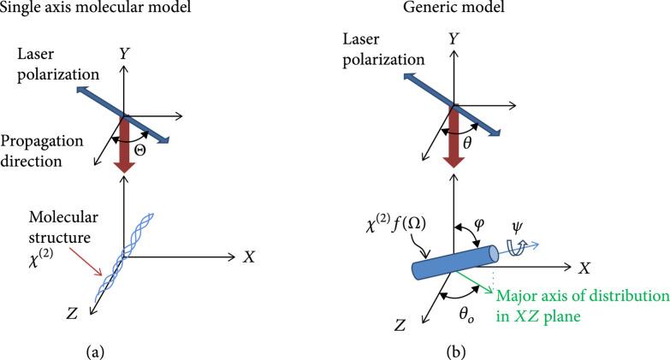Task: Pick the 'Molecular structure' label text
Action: [x=59, y=224]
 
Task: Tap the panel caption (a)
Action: [x=122, y=348]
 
